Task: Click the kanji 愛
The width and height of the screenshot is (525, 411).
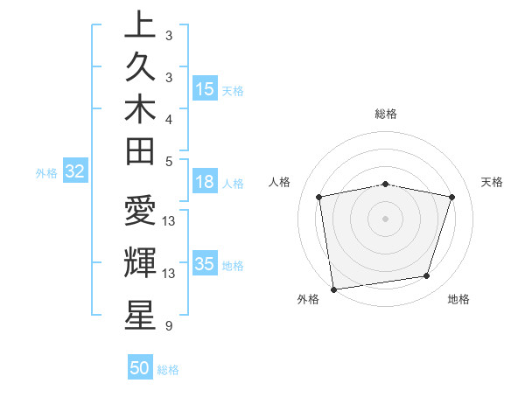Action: (x=140, y=212)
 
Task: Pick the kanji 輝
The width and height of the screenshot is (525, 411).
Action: (x=140, y=261)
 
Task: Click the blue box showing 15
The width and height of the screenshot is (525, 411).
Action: (x=205, y=89)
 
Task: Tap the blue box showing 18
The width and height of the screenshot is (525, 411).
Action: (x=205, y=183)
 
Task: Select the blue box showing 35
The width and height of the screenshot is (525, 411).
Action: (x=205, y=264)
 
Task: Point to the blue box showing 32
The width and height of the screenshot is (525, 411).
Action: (x=74, y=172)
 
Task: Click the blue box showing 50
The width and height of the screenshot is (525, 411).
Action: (x=140, y=368)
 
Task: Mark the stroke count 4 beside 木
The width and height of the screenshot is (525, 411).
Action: (x=169, y=118)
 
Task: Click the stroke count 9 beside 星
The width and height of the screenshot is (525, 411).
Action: (x=167, y=326)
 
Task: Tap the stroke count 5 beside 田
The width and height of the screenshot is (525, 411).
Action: (x=169, y=161)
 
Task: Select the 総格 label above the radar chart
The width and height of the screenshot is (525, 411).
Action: (x=385, y=114)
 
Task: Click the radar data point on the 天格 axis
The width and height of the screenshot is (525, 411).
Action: (x=452, y=197)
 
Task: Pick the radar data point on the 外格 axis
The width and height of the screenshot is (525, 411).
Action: (x=333, y=289)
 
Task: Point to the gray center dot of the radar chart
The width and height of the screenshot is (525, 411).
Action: (x=385, y=218)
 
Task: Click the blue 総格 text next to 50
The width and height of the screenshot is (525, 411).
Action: (x=168, y=370)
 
